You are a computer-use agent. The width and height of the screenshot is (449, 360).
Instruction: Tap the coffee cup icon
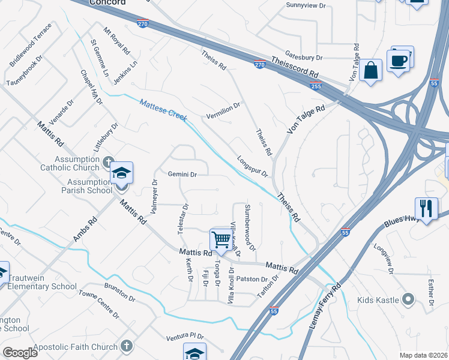399,60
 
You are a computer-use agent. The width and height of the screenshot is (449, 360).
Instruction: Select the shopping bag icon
372,70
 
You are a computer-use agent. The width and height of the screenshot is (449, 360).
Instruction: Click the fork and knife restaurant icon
426,209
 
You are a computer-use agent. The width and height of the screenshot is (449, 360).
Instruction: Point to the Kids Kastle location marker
409,298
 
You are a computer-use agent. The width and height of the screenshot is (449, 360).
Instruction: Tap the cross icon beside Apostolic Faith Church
126,346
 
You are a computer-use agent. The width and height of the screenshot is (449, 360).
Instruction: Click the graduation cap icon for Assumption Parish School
121,174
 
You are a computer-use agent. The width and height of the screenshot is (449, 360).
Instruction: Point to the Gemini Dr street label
182,175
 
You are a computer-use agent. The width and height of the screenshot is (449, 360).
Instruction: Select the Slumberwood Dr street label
250,227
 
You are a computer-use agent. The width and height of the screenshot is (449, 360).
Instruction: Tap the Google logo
19,352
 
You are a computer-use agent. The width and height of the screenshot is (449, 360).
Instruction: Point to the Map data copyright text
424,355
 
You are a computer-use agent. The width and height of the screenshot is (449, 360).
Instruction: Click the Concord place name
107,2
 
